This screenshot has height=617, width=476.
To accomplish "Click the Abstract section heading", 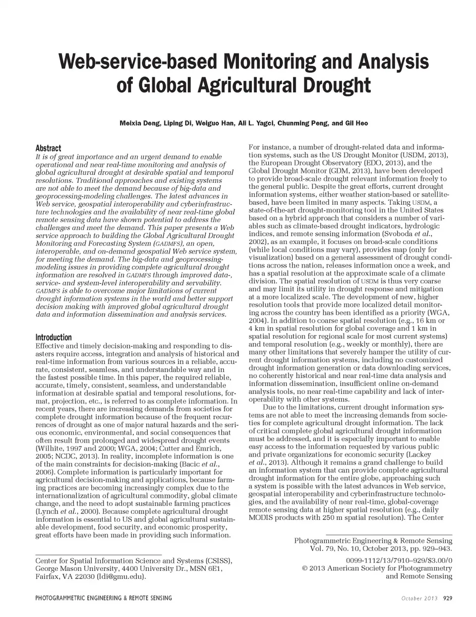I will point(48,148).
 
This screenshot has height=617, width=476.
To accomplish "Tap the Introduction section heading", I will point(54,337).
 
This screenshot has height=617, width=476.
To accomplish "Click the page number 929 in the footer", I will point(447,598).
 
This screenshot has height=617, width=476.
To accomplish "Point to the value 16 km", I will point(423,321).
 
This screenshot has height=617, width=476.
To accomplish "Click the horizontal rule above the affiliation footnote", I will point(99,555).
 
